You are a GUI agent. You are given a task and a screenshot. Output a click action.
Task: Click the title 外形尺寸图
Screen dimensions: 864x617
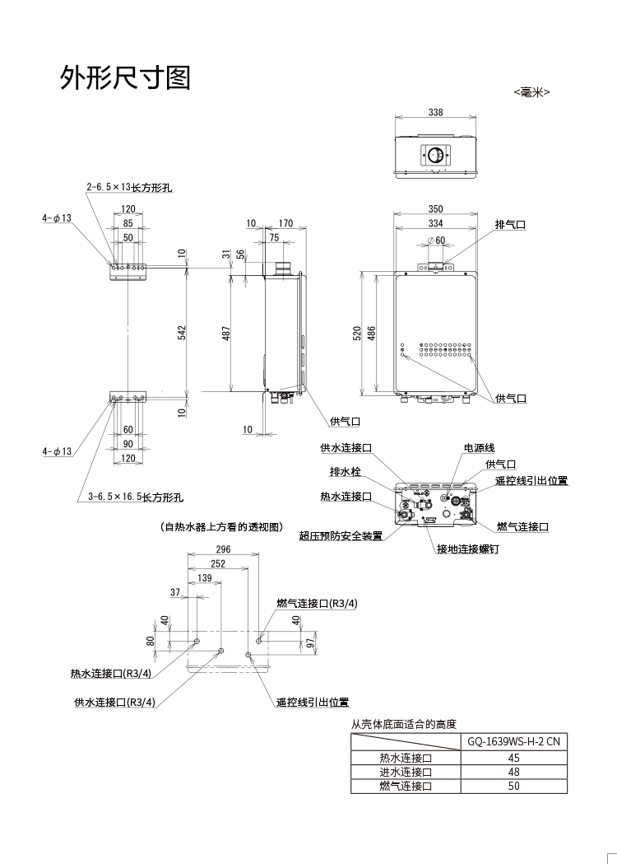coord(126,77)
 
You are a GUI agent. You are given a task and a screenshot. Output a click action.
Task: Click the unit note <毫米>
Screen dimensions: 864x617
coord(531,93)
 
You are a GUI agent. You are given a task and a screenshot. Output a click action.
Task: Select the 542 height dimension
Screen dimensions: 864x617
coord(183,331)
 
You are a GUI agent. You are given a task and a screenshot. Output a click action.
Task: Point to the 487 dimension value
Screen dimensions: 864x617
coord(226,332)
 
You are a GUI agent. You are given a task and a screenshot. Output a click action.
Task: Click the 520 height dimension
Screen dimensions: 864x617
coord(358,333)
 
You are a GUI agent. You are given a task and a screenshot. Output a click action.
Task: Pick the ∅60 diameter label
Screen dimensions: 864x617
coord(436,241)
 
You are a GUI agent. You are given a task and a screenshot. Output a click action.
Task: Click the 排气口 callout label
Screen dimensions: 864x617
coord(510,224)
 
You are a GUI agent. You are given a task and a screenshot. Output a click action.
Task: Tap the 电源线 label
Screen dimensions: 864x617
coord(479,448)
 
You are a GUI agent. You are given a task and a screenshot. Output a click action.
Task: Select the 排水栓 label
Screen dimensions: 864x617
coord(346,472)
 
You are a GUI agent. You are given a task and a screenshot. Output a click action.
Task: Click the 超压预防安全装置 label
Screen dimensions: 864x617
coord(341,536)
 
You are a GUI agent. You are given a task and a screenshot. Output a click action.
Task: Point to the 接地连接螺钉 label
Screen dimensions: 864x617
coord(467,549)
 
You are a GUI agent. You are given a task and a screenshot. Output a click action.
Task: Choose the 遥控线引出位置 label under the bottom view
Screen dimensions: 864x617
coord(313,703)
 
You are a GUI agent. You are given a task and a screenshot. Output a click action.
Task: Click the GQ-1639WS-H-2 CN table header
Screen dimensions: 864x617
coord(513,741)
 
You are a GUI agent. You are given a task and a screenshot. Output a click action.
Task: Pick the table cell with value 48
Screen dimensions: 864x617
coord(513,772)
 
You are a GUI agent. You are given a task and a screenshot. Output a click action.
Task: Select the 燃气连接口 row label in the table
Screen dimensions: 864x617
coord(405,786)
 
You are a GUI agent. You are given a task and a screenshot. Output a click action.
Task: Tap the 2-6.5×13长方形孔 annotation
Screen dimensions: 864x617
coord(133,188)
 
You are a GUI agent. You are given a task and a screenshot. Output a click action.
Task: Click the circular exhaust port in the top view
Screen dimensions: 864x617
coord(436,155)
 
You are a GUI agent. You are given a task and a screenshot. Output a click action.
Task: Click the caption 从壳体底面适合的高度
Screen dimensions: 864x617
coord(403,724)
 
